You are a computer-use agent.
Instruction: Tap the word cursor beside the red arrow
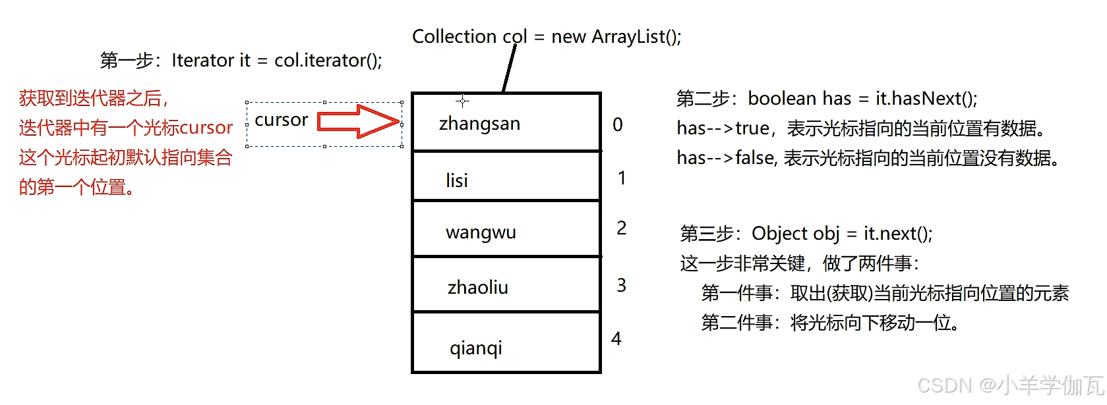coord(282,120)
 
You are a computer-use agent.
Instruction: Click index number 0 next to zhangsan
coord(618,124)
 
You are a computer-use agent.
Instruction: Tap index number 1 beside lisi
coord(622,178)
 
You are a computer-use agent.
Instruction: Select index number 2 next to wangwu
coord(622,228)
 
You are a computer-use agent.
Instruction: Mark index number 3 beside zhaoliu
coord(622,285)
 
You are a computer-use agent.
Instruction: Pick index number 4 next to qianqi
coord(616,338)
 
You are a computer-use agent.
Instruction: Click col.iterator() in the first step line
coord(328,61)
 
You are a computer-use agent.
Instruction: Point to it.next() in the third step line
coord(898,234)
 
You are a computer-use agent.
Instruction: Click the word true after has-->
coord(752,128)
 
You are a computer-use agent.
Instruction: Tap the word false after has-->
coord(755,158)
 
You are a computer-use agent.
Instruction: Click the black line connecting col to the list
coord(509,68)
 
